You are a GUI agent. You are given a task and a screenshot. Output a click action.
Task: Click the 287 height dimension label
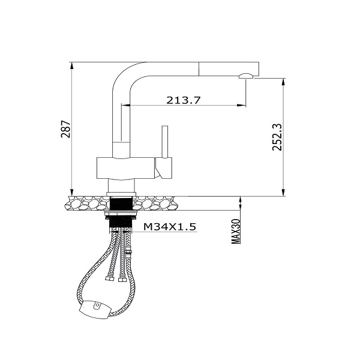pyautogui.click(x=65, y=129)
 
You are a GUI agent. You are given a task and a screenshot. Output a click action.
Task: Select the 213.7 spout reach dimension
pyautogui.click(x=184, y=100)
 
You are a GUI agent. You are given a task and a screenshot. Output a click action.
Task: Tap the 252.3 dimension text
pyautogui.click(x=277, y=137)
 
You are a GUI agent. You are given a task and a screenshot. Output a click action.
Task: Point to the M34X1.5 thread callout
pyautogui.click(x=170, y=227)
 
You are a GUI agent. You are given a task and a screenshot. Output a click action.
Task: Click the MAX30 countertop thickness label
pyautogui.click(x=236, y=232)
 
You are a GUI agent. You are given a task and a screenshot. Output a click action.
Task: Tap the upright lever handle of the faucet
pyautogui.click(x=165, y=142)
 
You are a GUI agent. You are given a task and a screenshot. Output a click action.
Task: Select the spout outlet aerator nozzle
pyautogui.click(x=246, y=76)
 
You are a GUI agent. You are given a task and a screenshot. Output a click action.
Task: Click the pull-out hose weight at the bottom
pyautogui.click(x=95, y=309)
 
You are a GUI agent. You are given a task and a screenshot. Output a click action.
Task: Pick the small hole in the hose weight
pyautogui.click(x=98, y=305)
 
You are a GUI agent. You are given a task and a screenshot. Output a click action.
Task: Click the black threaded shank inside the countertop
pyautogui.click(x=121, y=203)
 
